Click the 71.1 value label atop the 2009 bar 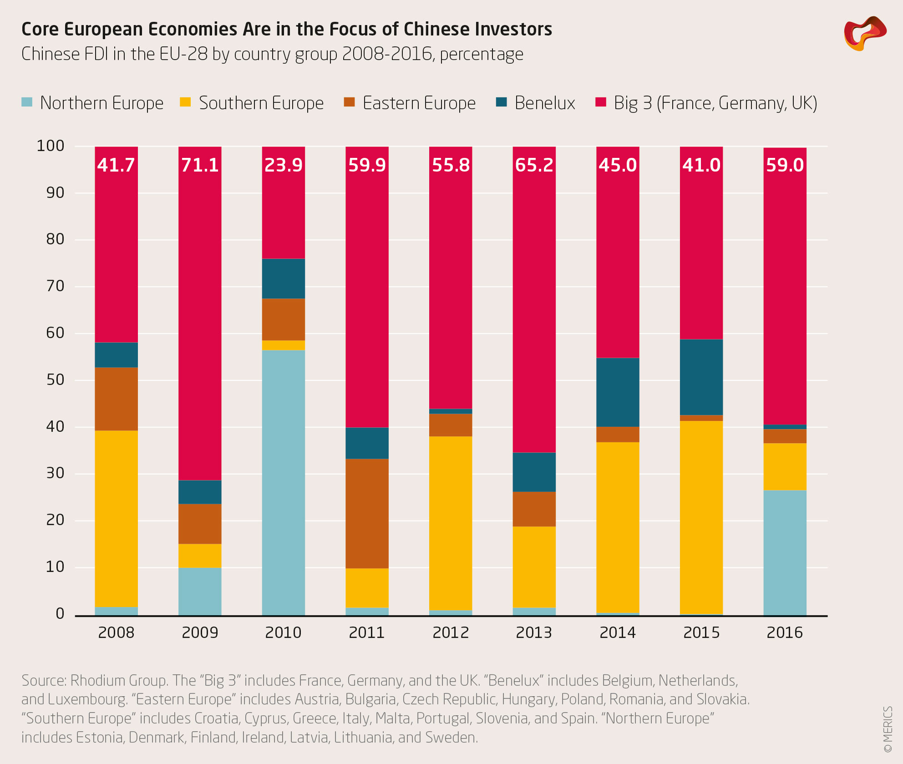(x=200, y=165)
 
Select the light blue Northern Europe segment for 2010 (x=283, y=482)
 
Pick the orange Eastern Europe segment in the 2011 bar (x=367, y=513)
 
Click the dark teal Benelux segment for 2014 (x=618, y=392)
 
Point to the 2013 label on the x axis (x=534, y=632)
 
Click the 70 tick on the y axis (x=55, y=286)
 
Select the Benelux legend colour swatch (x=502, y=102)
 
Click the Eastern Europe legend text (x=419, y=103)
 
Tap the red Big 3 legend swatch (x=601, y=102)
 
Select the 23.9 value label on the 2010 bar (x=283, y=165)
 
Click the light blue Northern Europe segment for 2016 (x=785, y=552)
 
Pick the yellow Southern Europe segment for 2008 (x=116, y=519)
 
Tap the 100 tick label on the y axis (x=51, y=146)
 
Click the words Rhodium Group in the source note (x=118, y=680)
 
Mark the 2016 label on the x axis (x=785, y=632)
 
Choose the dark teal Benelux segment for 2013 (x=534, y=472)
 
